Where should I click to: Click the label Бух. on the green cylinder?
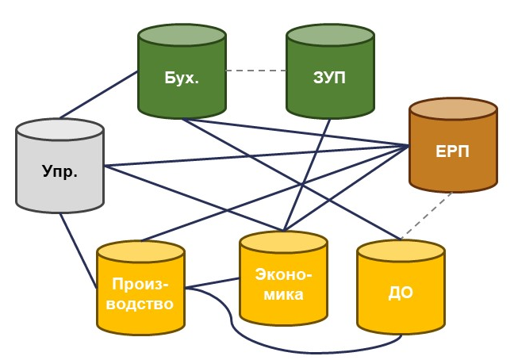(x=182, y=79)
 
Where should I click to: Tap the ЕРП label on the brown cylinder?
(x=453, y=151)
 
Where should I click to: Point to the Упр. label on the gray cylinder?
(x=60, y=171)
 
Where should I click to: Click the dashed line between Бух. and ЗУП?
(x=255, y=71)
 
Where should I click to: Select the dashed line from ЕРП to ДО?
(x=420, y=220)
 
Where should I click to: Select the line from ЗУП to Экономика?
(x=313, y=174)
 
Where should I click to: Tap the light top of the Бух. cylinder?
(x=182, y=36)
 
